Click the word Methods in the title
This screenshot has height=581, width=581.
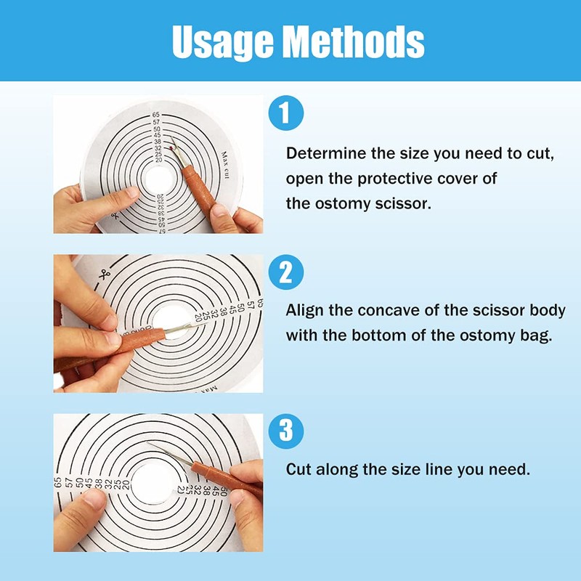[354, 42]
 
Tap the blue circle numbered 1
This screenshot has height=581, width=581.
[285, 113]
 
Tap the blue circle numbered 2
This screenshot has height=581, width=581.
[285, 272]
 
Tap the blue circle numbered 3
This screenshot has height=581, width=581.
[285, 431]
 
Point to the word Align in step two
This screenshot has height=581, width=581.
[304, 311]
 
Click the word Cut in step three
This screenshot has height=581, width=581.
[298, 469]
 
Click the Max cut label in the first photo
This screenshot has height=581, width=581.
[225, 165]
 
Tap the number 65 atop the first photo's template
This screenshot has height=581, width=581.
[155, 115]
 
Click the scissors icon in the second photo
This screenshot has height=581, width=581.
[105, 275]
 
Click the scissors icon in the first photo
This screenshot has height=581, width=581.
[113, 215]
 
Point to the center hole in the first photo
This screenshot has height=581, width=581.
[159, 179]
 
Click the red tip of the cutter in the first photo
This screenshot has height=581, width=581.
[171, 148]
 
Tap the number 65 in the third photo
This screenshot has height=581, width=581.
[57, 482]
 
